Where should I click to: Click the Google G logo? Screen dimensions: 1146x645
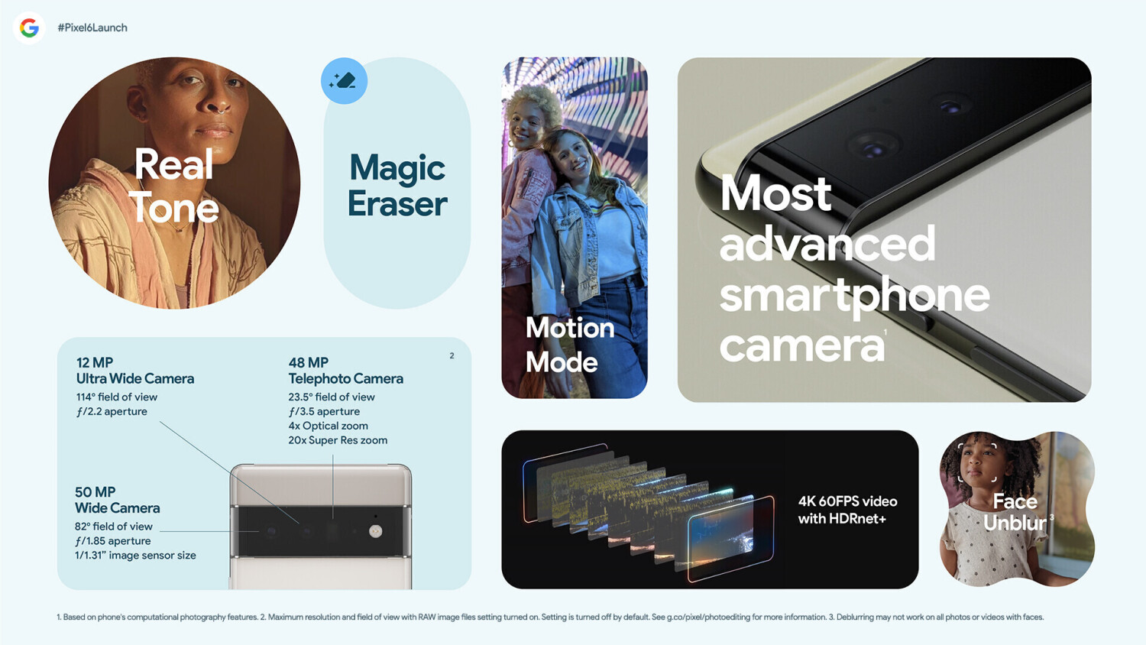click(x=29, y=28)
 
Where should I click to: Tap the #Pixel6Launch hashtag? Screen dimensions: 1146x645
click(x=92, y=28)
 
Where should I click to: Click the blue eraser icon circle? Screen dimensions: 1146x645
click(x=344, y=81)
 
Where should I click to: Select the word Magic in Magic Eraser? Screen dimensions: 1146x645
click(x=397, y=168)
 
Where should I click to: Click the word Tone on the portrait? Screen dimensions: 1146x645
click(x=174, y=206)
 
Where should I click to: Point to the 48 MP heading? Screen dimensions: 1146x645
click(x=309, y=362)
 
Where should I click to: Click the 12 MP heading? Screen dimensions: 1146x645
click(x=95, y=362)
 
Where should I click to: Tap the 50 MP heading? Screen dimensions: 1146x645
click(x=95, y=492)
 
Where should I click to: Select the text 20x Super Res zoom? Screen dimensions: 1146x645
click(x=338, y=440)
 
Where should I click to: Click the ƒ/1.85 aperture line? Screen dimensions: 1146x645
click(x=112, y=541)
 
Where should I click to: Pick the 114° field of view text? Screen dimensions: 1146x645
click(x=117, y=397)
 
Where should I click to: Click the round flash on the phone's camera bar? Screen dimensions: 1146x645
click(x=376, y=531)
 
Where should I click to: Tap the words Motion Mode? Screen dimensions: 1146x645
click(x=570, y=345)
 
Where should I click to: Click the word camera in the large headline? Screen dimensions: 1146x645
click(x=801, y=346)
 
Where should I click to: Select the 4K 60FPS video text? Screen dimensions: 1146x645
click(x=848, y=501)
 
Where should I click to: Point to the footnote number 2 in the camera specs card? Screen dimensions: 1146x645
click(x=452, y=356)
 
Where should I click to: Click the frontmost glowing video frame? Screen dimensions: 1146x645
click(x=730, y=539)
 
